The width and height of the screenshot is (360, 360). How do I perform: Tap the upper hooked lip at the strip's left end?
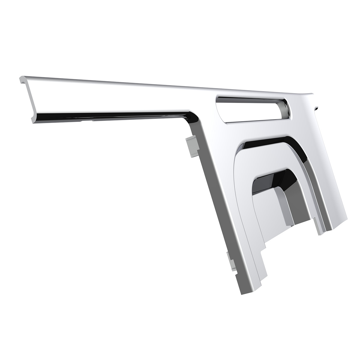tap(22, 79)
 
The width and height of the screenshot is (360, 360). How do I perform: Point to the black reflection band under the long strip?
tap(120, 115)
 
